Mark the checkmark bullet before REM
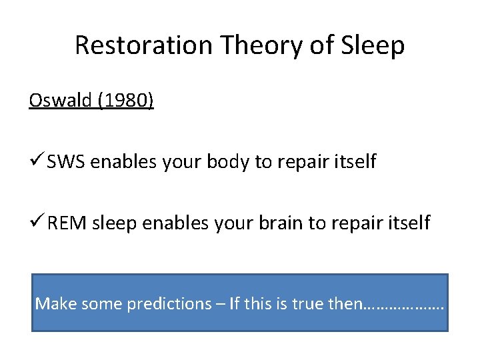pyautogui.click(x=36, y=222)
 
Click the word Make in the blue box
pyautogui.click(x=51, y=304)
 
